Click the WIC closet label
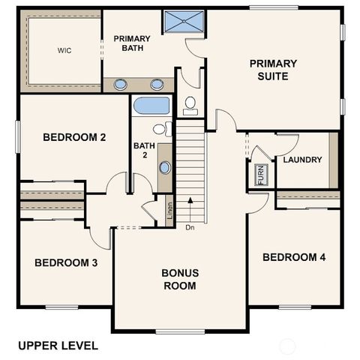pos(63,51)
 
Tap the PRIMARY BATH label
pos(132,43)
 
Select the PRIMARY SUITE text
pos(273,70)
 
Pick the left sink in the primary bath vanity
pos(120,84)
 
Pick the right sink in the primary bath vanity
pos(157,84)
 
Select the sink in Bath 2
pos(165,167)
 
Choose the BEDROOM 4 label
pos(293,257)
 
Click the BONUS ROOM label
pos(179,279)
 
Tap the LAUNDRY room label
pos(302,160)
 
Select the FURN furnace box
pos(260,175)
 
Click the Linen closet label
pos(169,211)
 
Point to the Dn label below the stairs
pos(190,227)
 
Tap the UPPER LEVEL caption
pos(58,346)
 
